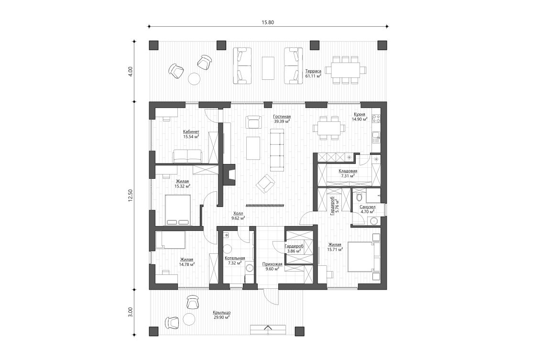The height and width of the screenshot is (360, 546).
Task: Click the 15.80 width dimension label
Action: pyautogui.click(x=267, y=22)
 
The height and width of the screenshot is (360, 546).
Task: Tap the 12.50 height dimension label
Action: pyautogui.click(x=130, y=196)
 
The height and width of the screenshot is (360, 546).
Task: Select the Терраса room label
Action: pyautogui.click(x=313, y=71)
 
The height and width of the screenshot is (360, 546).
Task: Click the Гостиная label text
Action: pyautogui.click(x=282, y=116)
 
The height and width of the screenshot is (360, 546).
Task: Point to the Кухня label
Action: pyautogui.click(x=360, y=115)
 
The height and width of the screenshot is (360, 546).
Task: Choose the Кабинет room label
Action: pyautogui.click(x=191, y=131)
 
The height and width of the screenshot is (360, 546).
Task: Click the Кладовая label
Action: pyautogui.click(x=349, y=171)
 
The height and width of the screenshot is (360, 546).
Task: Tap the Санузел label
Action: pyautogui.click(x=367, y=207)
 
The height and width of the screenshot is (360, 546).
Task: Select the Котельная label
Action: pyautogui.click(x=234, y=258)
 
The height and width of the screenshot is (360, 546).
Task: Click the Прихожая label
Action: pyautogui.click(x=272, y=264)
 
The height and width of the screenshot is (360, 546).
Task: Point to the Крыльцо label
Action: pyautogui.click(x=221, y=312)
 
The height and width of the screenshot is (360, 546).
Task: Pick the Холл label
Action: pyautogui.click(x=238, y=214)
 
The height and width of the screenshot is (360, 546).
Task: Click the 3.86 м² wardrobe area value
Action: pyautogui.click(x=294, y=251)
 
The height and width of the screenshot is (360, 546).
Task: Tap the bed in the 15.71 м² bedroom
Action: pyautogui.click(x=360, y=256)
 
